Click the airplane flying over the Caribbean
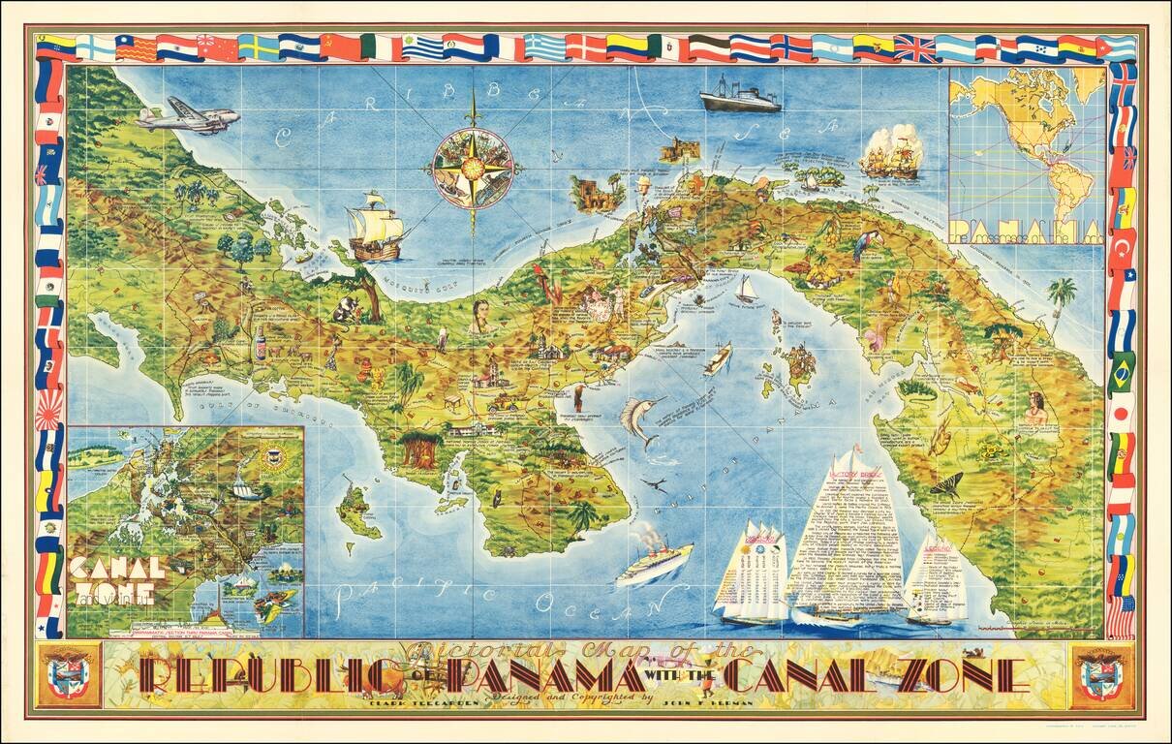click(x=188, y=116)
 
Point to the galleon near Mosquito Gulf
click(x=376, y=228)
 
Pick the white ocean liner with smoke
click(x=654, y=561)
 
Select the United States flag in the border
click(x=1121, y=616)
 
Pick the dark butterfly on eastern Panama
click(x=945, y=484)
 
